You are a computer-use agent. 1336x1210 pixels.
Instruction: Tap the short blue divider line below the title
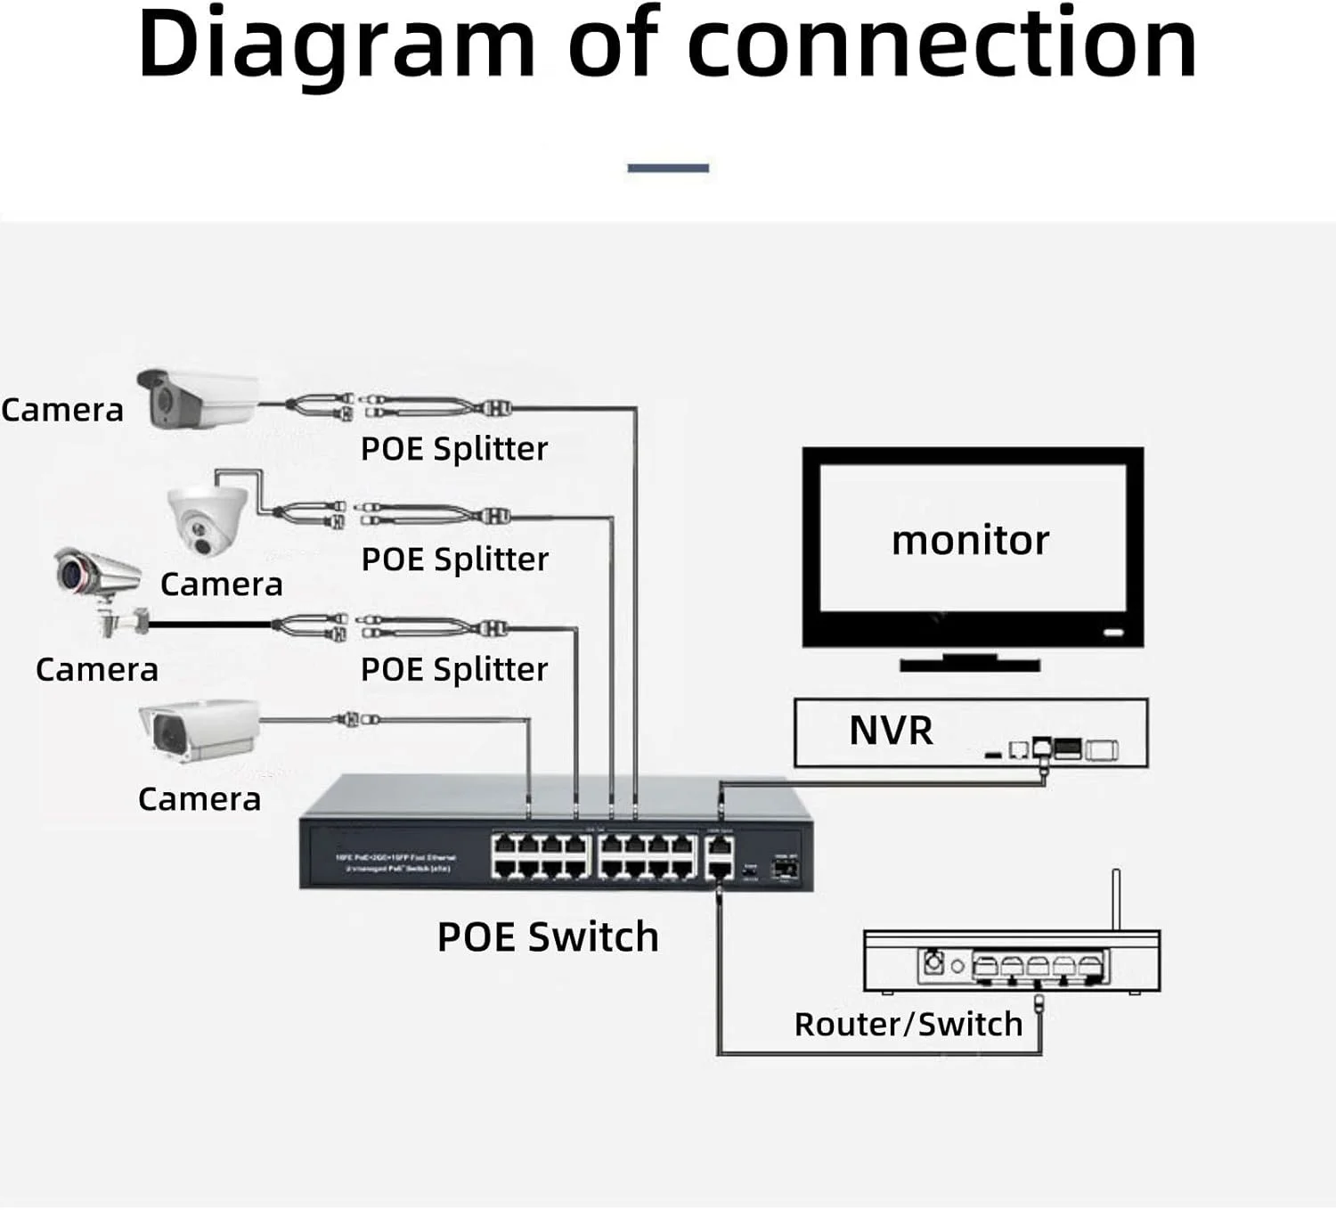pyautogui.click(x=668, y=168)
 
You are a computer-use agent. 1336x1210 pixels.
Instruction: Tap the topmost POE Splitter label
pyautogui.click(x=453, y=449)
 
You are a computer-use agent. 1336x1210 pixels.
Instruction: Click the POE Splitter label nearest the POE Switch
pyautogui.click(x=453, y=670)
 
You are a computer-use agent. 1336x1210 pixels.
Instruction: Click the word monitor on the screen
pyautogui.click(x=970, y=541)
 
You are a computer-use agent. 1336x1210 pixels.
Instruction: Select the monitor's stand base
pyautogui.click(x=969, y=664)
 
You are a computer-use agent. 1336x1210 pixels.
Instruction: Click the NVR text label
pyautogui.click(x=891, y=732)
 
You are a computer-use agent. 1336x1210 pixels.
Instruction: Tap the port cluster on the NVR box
pyautogui.click(x=1060, y=749)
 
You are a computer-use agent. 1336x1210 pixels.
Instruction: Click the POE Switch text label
pyautogui.click(x=547, y=937)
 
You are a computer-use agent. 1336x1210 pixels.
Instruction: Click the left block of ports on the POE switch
pyautogui.click(x=541, y=856)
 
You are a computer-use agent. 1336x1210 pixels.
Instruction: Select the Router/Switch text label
pyautogui.click(x=908, y=1025)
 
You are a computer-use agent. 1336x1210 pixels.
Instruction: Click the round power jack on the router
pyautogui.click(x=933, y=962)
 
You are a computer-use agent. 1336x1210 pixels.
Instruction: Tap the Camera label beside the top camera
pyautogui.click(x=62, y=411)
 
